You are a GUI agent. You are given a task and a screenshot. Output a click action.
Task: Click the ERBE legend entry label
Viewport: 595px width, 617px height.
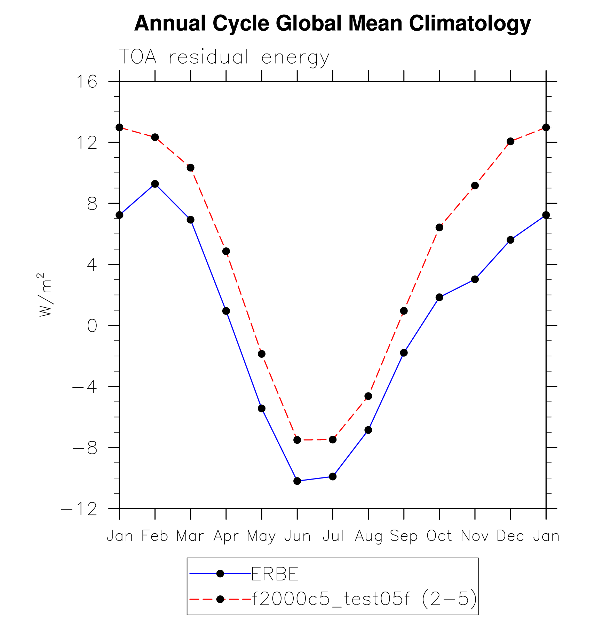click(x=275, y=574)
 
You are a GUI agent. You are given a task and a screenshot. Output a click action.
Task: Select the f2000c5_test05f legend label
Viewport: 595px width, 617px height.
click(x=364, y=599)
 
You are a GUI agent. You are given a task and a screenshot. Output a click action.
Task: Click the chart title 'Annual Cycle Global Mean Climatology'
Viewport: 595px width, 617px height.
click(x=332, y=23)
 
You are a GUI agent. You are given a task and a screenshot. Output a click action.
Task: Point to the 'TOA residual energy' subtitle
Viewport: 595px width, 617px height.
click(x=224, y=57)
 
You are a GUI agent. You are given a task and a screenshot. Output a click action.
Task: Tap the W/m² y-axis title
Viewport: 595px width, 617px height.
click(x=45, y=295)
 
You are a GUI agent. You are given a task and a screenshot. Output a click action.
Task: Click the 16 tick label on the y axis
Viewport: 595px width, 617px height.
click(x=87, y=82)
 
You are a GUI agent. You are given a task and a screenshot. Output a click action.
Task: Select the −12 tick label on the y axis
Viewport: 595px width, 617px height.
click(x=79, y=509)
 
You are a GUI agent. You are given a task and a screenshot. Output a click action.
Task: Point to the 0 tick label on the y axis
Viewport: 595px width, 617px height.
click(x=92, y=326)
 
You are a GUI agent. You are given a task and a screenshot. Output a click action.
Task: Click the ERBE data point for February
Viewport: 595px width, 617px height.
click(x=155, y=184)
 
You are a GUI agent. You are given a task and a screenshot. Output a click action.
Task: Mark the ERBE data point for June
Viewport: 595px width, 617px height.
click(x=297, y=481)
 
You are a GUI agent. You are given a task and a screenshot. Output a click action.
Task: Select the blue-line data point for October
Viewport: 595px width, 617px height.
click(x=439, y=297)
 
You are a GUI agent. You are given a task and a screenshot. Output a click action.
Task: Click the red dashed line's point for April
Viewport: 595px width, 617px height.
click(x=226, y=251)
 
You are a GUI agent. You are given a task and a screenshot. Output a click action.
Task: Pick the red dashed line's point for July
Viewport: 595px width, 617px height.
click(x=333, y=440)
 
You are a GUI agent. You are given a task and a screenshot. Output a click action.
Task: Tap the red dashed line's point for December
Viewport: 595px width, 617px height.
click(x=510, y=141)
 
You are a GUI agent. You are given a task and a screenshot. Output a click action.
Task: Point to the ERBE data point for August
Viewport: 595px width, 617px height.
click(x=368, y=430)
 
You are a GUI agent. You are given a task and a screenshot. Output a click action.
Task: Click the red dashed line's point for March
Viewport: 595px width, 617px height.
click(x=190, y=168)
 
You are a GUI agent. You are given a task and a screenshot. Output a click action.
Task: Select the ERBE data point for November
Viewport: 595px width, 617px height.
click(x=475, y=279)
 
